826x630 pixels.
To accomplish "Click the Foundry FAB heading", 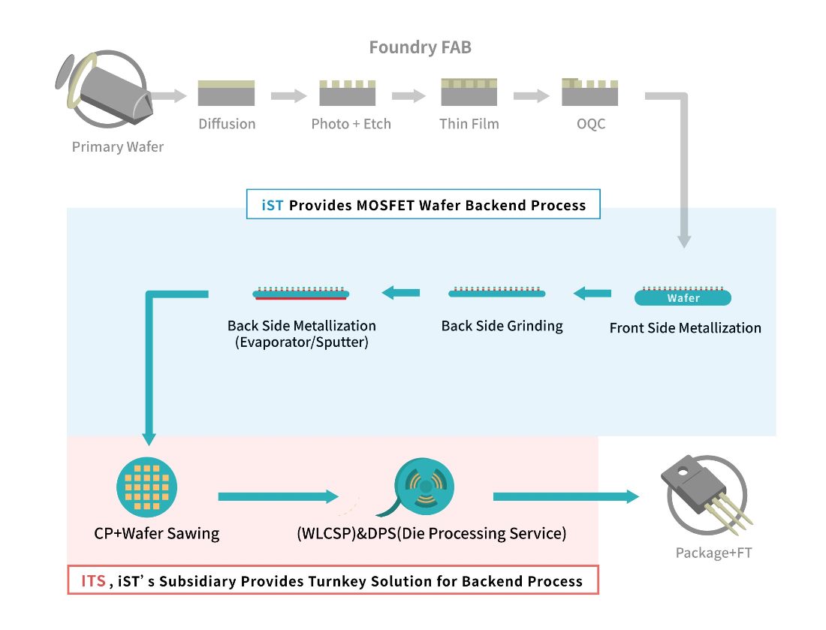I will click(420, 48).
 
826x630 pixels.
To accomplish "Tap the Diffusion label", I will click(227, 124).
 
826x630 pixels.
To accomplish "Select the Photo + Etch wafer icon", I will click(348, 93).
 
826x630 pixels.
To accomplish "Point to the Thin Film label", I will click(469, 124).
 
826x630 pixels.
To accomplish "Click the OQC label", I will click(590, 124).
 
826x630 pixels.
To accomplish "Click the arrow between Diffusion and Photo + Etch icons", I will click(289, 96).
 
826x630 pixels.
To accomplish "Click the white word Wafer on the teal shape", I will click(683, 298).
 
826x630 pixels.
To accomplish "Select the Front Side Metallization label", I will click(685, 328).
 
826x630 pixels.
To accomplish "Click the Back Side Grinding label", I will click(502, 326).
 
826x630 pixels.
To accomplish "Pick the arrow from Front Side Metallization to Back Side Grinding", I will click(592, 294).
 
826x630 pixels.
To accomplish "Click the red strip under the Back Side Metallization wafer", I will click(300, 298).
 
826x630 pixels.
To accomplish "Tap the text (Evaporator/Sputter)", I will click(301, 343).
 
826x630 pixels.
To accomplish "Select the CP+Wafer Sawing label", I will click(157, 534).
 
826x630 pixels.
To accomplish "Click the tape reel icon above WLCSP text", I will click(423, 489).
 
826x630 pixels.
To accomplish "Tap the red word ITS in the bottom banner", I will click(93, 581).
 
